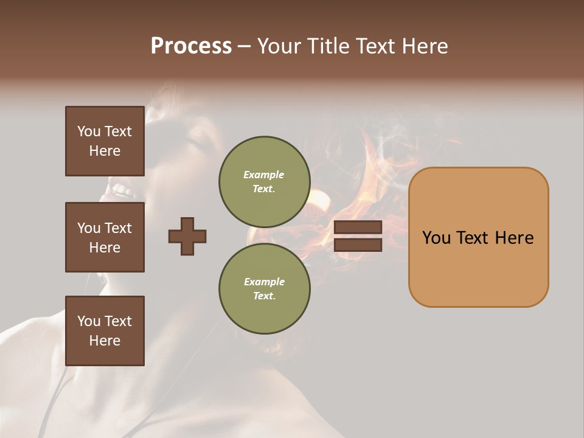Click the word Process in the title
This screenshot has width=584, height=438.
click(191, 46)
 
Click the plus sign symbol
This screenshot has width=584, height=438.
click(187, 236)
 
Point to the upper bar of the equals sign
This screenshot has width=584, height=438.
click(358, 227)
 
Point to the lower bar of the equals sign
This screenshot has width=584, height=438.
click(358, 245)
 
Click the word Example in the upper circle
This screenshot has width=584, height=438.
click(264, 175)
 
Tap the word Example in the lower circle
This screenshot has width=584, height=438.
click(264, 282)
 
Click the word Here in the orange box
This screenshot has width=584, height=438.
click(514, 238)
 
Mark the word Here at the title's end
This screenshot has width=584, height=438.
click(426, 46)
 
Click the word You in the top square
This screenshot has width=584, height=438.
click(89, 131)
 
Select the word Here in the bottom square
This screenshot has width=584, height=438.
click(105, 341)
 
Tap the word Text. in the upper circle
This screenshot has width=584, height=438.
click(264, 189)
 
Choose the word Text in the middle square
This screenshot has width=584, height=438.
click(118, 228)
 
